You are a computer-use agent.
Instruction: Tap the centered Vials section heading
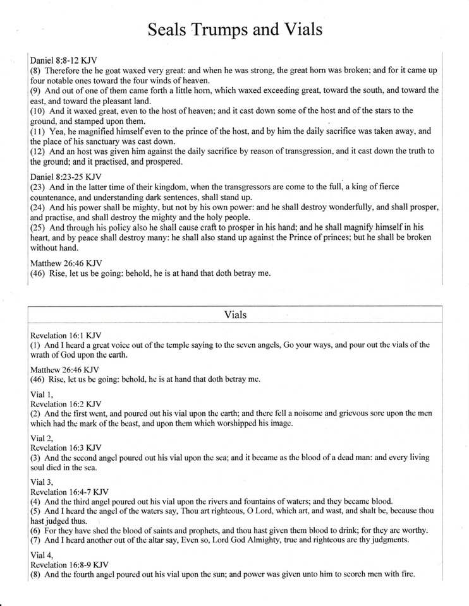click(x=235, y=314)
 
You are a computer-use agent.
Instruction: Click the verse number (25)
click(x=38, y=227)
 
